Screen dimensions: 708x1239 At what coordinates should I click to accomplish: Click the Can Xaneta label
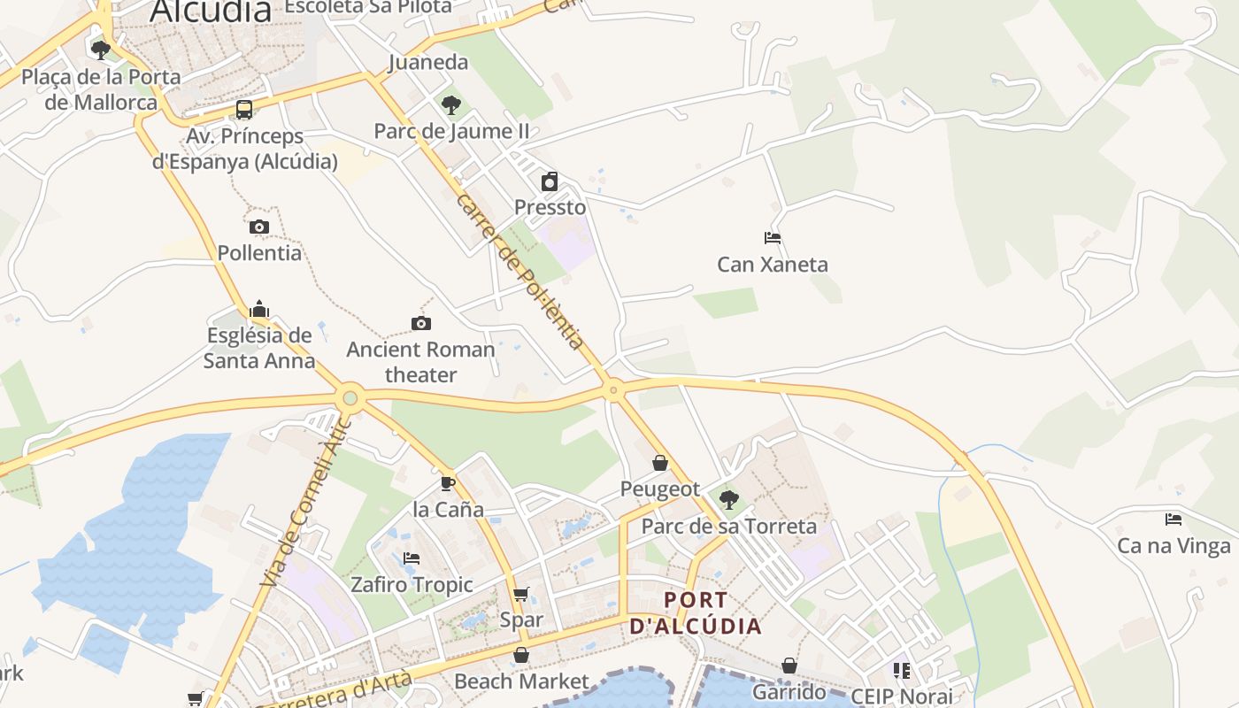772,264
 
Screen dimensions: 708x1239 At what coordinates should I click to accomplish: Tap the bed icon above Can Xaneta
773,238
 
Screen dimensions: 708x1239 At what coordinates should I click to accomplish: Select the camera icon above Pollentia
259,227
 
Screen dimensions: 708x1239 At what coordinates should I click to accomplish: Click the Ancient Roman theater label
420,362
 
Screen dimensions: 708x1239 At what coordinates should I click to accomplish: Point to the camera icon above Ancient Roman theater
421,323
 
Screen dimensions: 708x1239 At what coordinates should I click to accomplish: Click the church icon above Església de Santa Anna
259,309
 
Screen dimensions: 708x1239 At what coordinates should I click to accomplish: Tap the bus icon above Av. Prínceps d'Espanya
244,110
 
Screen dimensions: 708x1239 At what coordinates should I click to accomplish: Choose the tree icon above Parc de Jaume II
451,105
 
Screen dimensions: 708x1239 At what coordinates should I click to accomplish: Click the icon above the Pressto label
550,181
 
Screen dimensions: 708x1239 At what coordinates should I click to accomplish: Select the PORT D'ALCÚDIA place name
696,613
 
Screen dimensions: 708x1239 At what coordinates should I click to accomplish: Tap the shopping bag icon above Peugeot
660,462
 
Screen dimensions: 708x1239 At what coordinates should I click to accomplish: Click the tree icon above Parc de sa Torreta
729,500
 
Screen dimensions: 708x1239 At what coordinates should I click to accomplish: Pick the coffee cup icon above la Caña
448,483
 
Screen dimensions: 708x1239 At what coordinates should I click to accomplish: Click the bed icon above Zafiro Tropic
412,558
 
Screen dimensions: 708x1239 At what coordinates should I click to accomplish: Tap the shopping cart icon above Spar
521,594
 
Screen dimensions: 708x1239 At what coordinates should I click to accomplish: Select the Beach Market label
521,681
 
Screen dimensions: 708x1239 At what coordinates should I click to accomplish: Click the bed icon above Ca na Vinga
1174,519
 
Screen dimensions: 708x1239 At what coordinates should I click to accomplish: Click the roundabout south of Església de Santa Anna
350,398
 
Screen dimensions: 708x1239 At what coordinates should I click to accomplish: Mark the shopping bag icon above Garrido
789,666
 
